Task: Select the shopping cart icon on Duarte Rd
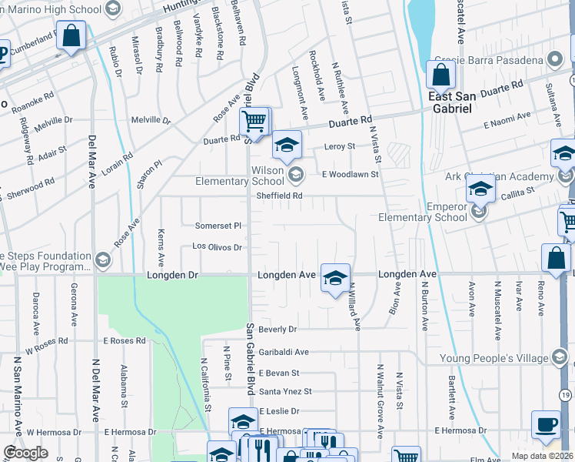click(254, 122)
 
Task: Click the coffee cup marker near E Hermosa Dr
click(546, 425)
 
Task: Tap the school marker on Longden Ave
click(335, 279)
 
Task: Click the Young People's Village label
click(493, 358)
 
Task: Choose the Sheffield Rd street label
click(280, 196)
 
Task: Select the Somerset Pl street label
click(222, 226)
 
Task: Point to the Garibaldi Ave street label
click(284, 352)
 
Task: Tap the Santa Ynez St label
click(285, 391)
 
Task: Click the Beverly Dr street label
click(278, 329)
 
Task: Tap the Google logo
click(25, 453)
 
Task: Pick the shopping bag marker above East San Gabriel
click(440, 75)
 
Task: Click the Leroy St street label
click(339, 146)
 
